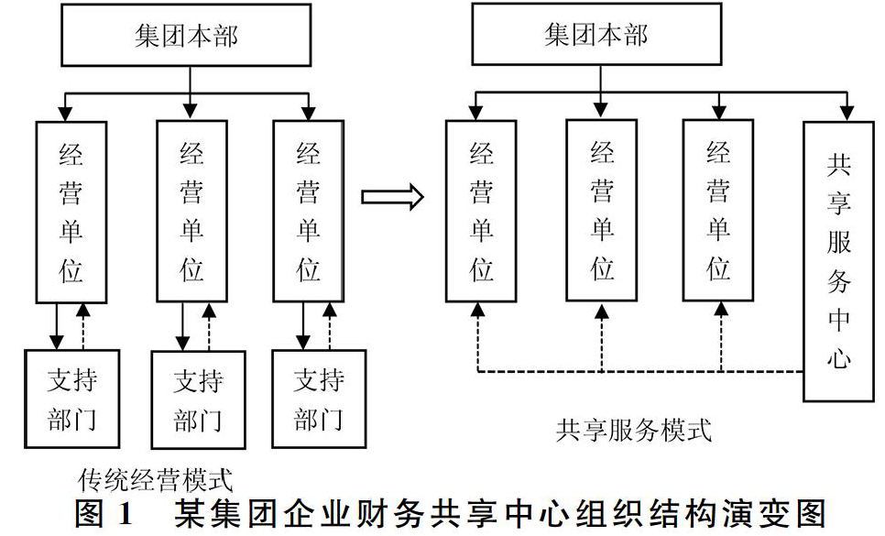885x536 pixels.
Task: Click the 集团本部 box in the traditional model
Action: (186, 35)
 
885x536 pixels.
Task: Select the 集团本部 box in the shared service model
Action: (596, 34)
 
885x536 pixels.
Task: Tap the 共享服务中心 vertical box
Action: (838, 261)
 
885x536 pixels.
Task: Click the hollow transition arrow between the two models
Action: (392, 197)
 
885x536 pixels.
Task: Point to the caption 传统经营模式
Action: (156, 480)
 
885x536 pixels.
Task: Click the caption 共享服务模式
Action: (634, 431)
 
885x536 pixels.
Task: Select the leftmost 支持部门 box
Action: (71, 399)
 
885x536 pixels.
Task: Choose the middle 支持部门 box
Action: (198, 400)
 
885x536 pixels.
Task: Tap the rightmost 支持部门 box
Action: (319, 399)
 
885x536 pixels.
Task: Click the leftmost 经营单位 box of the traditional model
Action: (71, 213)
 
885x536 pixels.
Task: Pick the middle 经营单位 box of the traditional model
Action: (191, 211)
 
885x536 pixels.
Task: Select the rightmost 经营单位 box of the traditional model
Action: (308, 211)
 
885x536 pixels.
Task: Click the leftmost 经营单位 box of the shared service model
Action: (481, 211)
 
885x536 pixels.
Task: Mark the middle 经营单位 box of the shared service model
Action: (602, 211)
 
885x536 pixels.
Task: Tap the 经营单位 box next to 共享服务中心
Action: (718, 211)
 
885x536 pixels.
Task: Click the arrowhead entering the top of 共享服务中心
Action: (847, 113)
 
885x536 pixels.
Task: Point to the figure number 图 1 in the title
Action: (104, 514)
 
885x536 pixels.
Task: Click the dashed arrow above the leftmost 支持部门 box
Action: (83, 326)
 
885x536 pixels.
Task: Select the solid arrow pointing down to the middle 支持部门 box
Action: (182, 327)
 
